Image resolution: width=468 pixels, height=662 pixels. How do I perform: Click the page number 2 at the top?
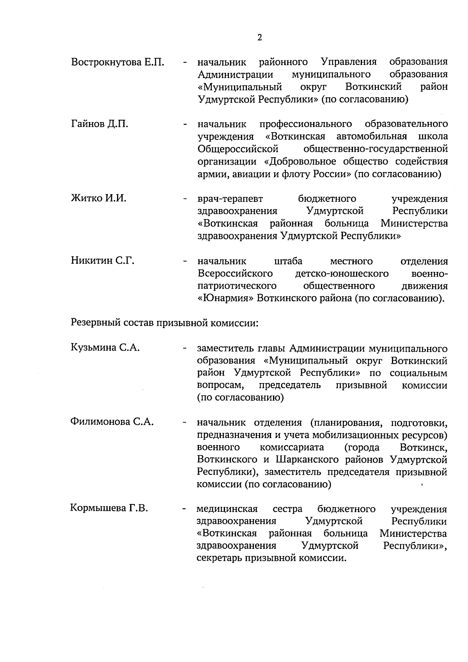pos(259,37)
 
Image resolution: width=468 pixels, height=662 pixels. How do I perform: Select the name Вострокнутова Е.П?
pos(118,62)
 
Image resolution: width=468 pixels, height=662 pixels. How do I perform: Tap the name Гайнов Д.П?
pos(99,124)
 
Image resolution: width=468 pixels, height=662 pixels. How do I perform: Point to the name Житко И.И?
pos(99,199)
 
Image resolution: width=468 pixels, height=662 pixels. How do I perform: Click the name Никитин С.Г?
pos(103,261)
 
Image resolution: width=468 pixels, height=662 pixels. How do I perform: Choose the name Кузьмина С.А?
pos(105,348)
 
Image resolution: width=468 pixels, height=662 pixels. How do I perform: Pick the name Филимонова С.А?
pos(112,422)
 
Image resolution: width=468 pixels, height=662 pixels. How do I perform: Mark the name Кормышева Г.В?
pos(109,509)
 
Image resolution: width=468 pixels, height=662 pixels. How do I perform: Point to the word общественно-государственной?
pos(375,149)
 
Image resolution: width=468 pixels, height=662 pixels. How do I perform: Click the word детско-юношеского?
pos(342,273)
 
